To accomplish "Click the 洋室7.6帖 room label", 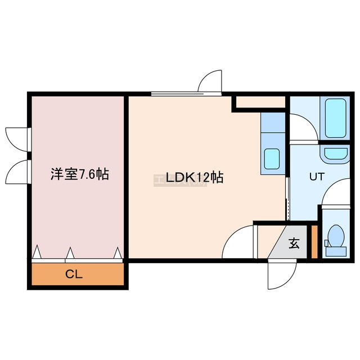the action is pos(80,174).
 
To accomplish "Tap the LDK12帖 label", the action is pos(194,177).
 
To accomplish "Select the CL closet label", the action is pos(74,274).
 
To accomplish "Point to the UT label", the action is pos(317,177).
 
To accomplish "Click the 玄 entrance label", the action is pos(294,243).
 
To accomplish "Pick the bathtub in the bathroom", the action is pos(335,118).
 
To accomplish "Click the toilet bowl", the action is pos(336,236).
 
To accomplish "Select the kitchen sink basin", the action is pos(272,159).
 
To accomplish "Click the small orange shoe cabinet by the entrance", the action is pos(314,242).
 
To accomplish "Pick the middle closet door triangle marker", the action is pos(70,253).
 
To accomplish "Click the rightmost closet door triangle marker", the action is pos(118,253).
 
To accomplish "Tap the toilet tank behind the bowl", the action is pos(336,251).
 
